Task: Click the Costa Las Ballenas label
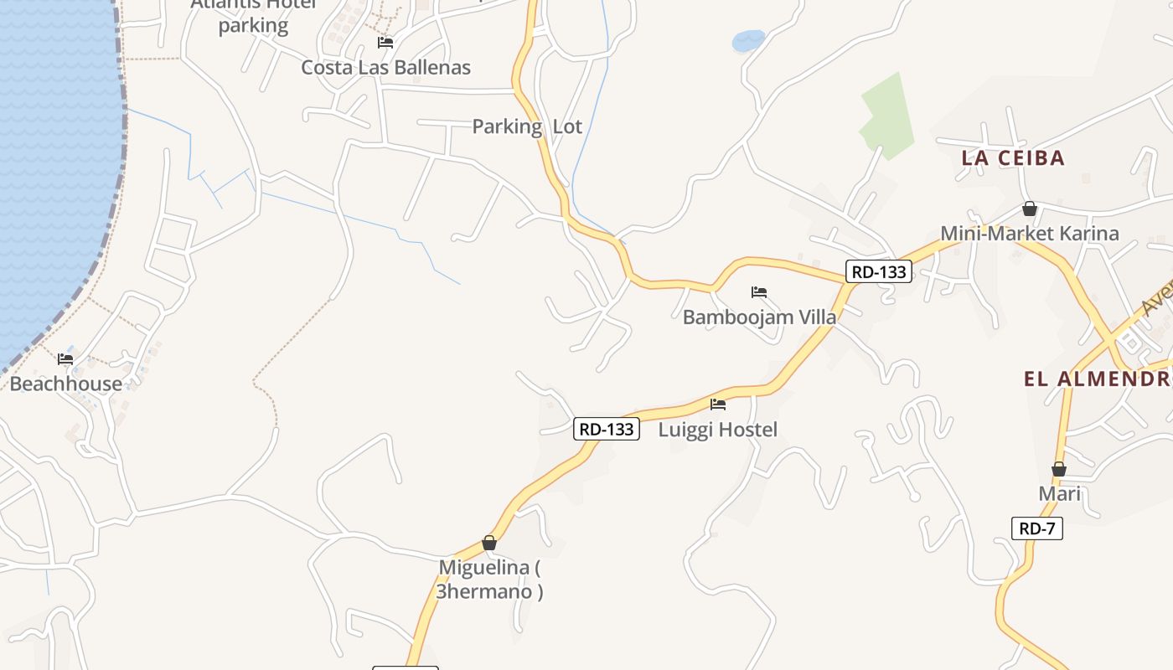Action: click(385, 67)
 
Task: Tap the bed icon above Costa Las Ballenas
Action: click(385, 42)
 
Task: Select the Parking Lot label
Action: click(527, 126)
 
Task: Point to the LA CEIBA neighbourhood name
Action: click(1012, 157)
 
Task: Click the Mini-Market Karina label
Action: click(1029, 233)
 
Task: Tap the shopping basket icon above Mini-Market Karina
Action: click(1029, 209)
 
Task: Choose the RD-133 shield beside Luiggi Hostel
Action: click(607, 429)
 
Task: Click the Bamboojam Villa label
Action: click(759, 317)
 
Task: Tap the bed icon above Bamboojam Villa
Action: click(759, 292)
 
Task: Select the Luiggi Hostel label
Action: click(718, 430)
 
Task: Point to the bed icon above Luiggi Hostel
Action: click(718, 405)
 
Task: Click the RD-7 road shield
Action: click(1036, 528)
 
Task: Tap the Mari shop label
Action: click(1059, 493)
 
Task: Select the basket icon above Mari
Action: click(1059, 469)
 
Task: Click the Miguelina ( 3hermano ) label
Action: click(489, 579)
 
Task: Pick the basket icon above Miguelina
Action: click(489, 544)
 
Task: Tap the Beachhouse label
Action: click(65, 384)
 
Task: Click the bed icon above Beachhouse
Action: click(65, 359)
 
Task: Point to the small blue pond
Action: click(748, 40)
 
